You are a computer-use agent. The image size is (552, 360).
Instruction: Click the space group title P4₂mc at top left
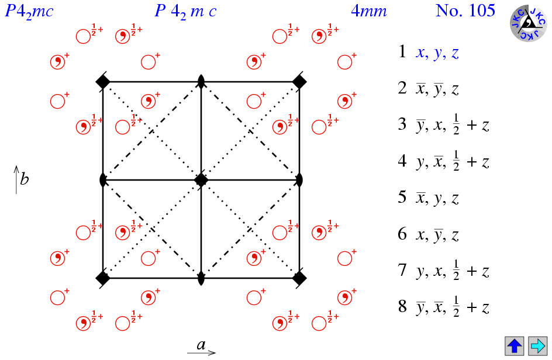(x=29, y=11)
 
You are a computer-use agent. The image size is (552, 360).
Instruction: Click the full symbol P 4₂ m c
(x=186, y=11)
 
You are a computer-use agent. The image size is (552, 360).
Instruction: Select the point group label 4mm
(x=369, y=11)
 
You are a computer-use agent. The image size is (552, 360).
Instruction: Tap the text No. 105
(x=465, y=11)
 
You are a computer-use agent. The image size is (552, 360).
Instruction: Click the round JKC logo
(x=529, y=24)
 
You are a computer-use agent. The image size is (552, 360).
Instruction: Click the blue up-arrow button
(x=515, y=345)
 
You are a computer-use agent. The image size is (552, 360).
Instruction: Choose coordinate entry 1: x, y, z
(x=429, y=53)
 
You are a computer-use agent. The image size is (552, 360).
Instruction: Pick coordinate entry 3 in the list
(x=443, y=126)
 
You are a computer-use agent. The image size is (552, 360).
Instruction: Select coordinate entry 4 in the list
(x=443, y=162)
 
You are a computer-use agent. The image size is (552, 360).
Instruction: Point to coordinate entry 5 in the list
(x=429, y=198)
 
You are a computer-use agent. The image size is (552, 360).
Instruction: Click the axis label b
(x=24, y=179)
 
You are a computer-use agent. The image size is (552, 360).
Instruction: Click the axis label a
(x=201, y=345)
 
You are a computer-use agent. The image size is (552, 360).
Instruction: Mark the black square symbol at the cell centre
(x=201, y=179)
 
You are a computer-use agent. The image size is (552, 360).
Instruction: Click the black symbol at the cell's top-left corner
(x=103, y=82)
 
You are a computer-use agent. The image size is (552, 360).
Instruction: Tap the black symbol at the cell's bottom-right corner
(x=299, y=278)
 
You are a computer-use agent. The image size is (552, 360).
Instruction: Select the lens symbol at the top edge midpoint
(x=201, y=82)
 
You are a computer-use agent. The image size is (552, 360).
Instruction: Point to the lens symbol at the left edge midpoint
(x=103, y=179)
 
